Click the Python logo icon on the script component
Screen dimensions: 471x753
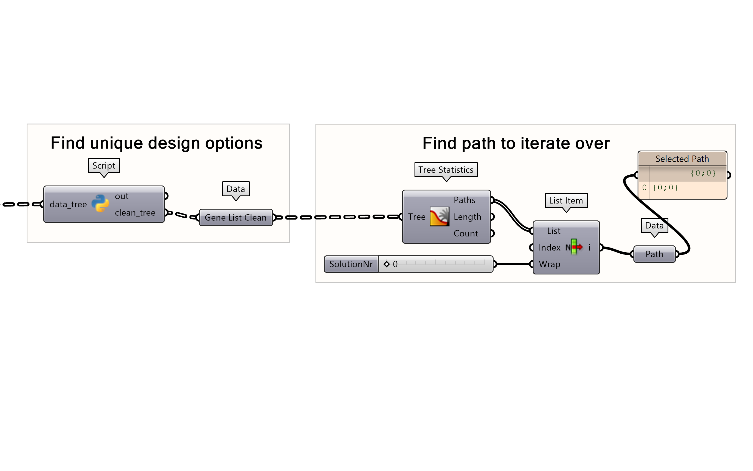100,203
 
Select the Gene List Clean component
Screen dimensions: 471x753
236,217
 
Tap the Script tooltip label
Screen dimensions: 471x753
104,166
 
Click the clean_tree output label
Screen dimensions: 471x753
135,212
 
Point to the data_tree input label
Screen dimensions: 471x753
68,204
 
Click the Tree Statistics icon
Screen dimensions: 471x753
439,217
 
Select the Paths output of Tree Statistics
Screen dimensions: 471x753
464,200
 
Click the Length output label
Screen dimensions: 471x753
467,217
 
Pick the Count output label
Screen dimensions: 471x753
466,233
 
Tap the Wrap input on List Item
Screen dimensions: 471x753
549,264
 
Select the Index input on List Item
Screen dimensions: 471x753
549,247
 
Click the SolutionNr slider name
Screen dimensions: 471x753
351,264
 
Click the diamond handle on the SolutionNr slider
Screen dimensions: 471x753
386,264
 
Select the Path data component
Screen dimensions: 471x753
654,254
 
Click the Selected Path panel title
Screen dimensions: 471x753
682,159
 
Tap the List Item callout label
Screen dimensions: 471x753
566,200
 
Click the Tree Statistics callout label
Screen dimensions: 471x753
446,170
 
